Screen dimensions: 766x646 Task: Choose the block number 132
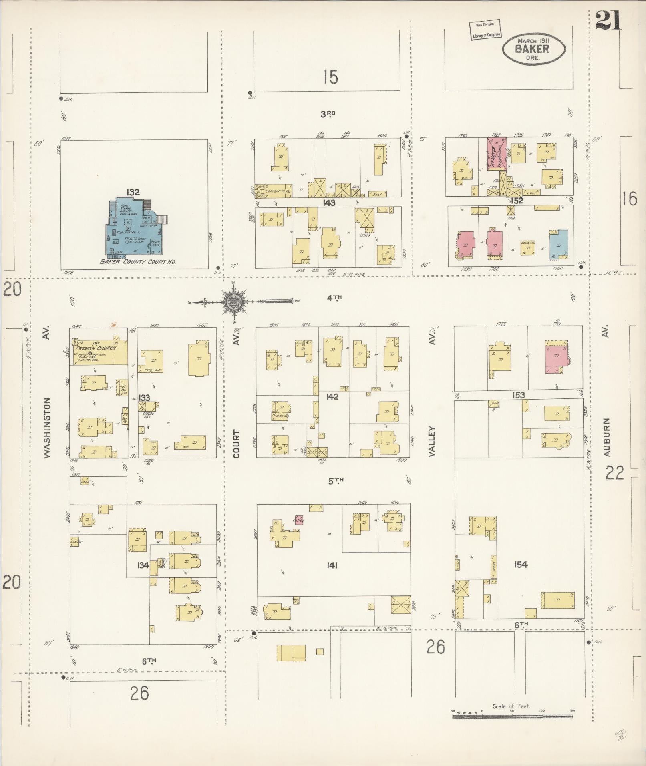(x=133, y=193)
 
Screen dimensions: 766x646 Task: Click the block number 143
(x=329, y=203)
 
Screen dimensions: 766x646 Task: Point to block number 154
(x=521, y=565)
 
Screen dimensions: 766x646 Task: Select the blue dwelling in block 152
(x=558, y=243)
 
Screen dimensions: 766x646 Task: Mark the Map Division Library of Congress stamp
(x=485, y=30)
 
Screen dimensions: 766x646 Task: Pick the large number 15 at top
(x=331, y=77)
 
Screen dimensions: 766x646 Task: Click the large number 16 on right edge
(x=629, y=199)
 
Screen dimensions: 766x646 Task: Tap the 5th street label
(x=336, y=481)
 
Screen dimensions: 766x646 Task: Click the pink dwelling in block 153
(x=556, y=358)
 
